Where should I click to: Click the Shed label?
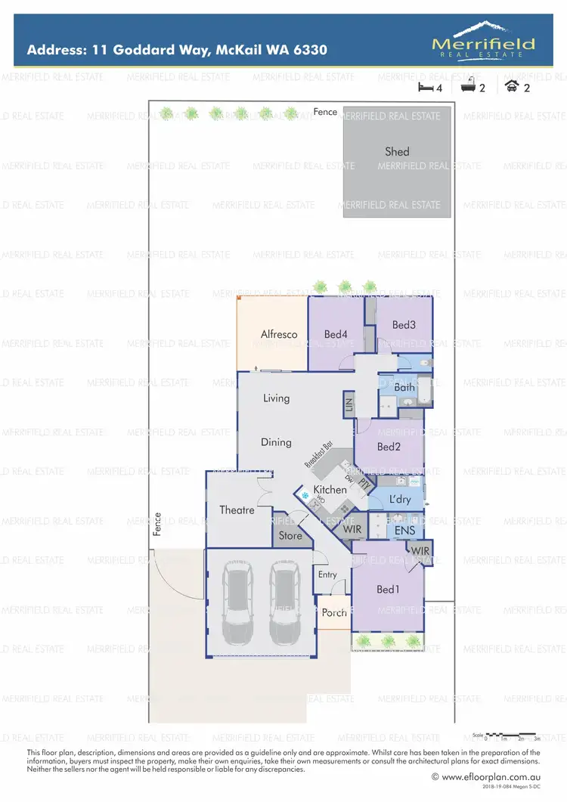click(397, 152)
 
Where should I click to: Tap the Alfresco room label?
click(279, 334)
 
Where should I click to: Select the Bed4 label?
click(335, 334)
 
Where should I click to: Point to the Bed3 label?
click(404, 325)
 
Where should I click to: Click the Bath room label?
click(404, 388)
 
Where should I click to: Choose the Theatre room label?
click(237, 510)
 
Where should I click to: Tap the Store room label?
click(290, 536)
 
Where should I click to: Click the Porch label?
click(334, 612)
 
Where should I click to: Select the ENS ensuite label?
click(404, 531)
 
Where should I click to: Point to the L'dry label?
click(400, 500)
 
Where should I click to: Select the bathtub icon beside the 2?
click(468, 86)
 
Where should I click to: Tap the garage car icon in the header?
click(512, 86)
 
